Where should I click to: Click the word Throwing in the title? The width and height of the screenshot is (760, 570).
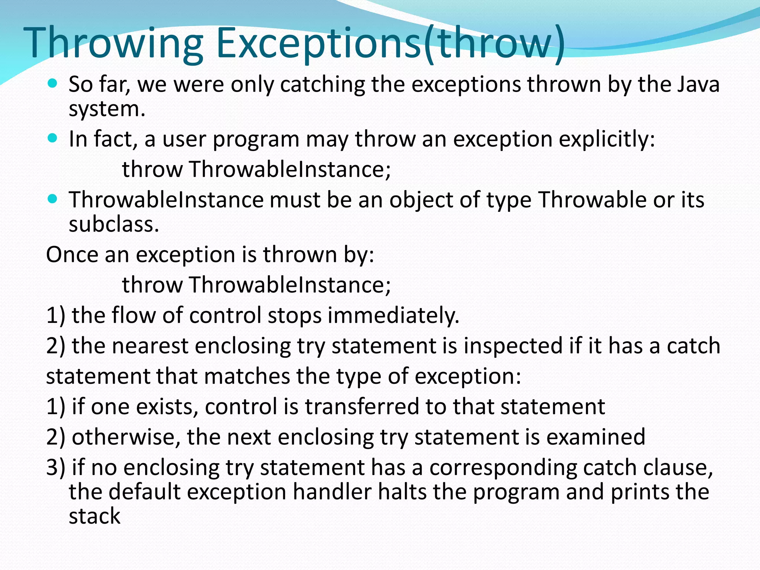(x=113, y=43)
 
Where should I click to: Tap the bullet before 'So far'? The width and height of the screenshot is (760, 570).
(x=53, y=83)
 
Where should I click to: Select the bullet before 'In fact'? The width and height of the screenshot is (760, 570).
(x=53, y=138)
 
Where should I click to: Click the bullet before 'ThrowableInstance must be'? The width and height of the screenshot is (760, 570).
(x=53, y=199)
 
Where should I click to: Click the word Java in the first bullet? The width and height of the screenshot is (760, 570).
(x=698, y=84)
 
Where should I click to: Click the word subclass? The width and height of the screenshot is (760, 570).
(x=114, y=224)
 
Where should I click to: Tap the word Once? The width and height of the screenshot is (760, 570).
(x=72, y=255)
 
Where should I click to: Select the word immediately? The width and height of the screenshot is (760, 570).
(x=393, y=316)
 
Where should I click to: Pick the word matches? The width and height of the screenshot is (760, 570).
(x=247, y=376)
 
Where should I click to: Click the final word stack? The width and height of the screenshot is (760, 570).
(x=95, y=516)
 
